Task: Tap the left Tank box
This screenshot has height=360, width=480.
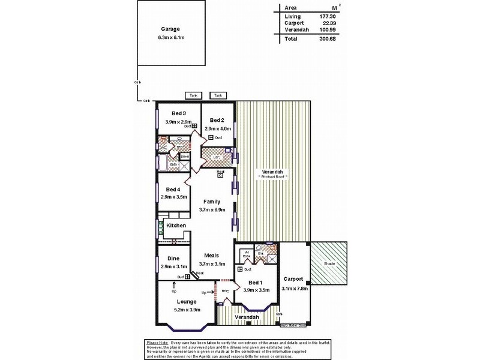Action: [x=193, y=95]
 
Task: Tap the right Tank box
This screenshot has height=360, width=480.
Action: [x=218, y=95]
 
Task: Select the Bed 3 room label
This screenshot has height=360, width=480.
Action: [x=179, y=113]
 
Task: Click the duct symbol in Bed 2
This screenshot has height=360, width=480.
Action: [x=211, y=137]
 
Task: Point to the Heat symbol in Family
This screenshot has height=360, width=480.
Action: [x=221, y=175]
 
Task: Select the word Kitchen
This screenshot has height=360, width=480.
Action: [x=176, y=225]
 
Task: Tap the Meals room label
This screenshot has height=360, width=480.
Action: [x=211, y=255]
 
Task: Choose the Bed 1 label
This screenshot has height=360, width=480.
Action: [x=255, y=282]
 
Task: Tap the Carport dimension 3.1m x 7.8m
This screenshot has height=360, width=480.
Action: [x=295, y=289]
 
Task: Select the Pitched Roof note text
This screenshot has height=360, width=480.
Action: [x=274, y=178]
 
